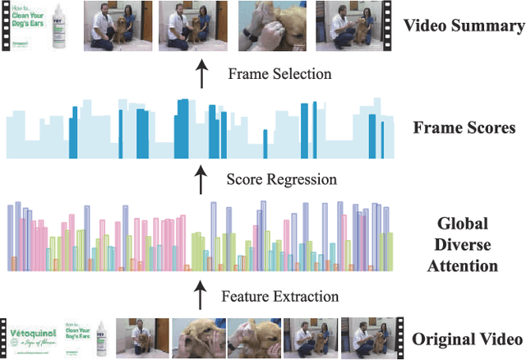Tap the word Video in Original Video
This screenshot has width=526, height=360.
500,339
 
